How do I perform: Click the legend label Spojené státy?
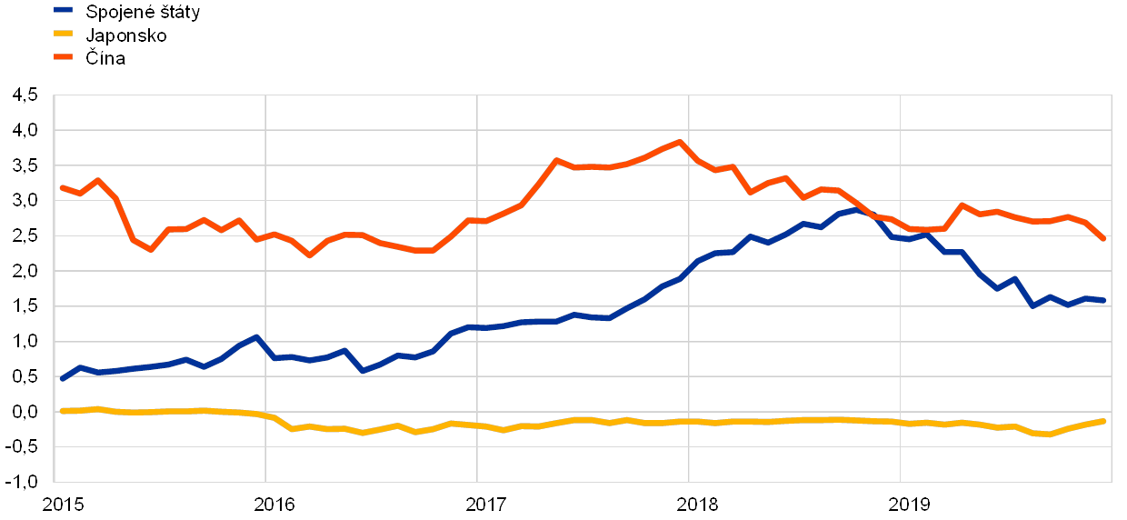coord(142,12)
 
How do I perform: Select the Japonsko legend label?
coord(125,35)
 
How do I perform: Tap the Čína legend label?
coord(105,58)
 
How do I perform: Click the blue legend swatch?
coord(64,11)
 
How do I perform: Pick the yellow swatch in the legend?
coord(64,35)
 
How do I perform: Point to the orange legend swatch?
coord(64,57)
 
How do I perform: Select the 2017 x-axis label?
coord(487,504)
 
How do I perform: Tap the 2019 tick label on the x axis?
coord(911,504)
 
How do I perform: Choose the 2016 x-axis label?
coord(275,504)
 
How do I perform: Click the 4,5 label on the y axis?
coord(25,95)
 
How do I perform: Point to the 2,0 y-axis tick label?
coord(25,272)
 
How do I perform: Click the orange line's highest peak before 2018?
coord(679,142)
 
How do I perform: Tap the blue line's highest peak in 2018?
coord(854,209)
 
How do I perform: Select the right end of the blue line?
coord(1104,300)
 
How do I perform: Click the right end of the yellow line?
coord(1104,421)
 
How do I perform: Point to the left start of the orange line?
coord(62,187)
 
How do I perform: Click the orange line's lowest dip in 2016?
coord(310,255)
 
